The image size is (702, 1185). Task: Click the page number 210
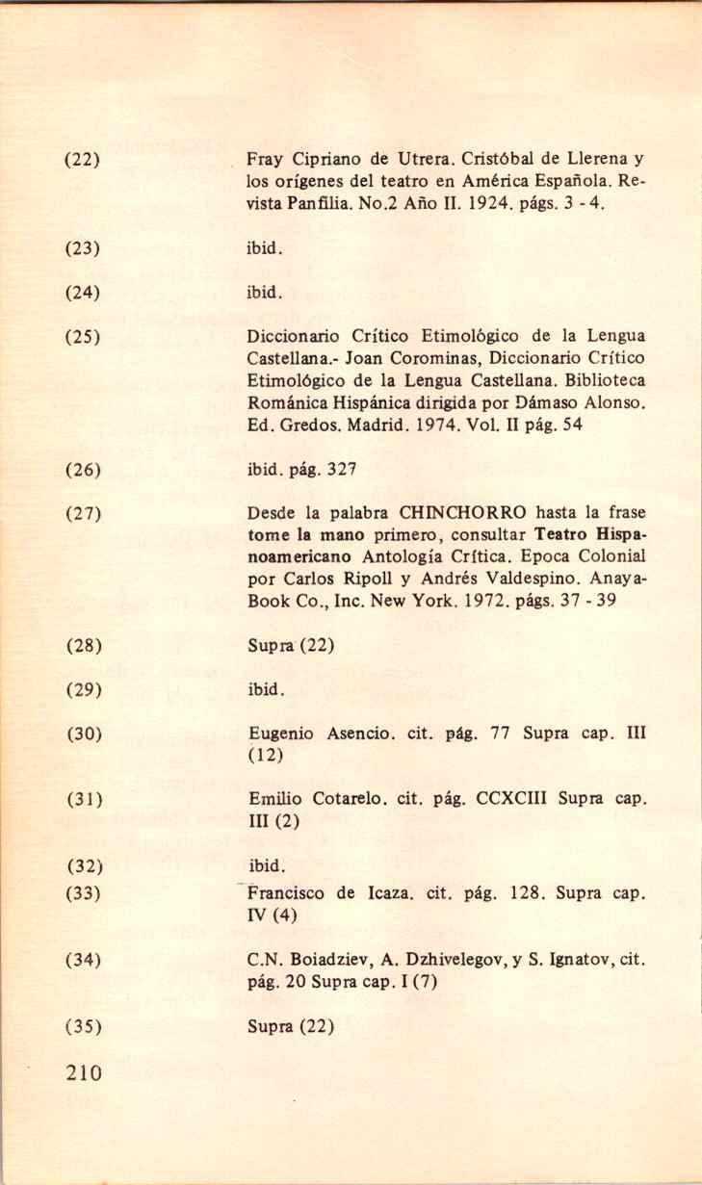coord(84,1072)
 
